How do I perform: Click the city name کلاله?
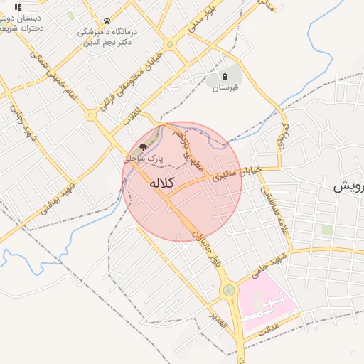161,183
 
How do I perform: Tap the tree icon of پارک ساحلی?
144,146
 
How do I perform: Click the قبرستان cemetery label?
224,87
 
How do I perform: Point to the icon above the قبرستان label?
225,75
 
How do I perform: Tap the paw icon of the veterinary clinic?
107,21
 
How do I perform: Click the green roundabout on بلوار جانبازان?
229,290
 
